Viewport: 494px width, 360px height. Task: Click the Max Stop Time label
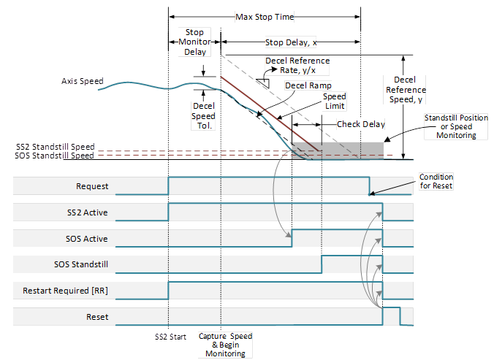click(x=264, y=16)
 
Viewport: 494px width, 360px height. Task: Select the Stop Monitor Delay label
click(x=194, y=42)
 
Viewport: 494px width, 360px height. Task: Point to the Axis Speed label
click(x=82, y=80)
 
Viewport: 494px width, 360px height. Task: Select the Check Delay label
click(x=361, y=124)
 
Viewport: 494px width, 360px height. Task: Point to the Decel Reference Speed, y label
click(x=404, y=88)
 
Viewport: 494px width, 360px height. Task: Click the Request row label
click(x=92, y=186)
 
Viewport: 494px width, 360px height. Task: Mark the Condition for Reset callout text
click(x=436, y=181)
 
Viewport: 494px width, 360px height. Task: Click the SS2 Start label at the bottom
click(x=169, y=337)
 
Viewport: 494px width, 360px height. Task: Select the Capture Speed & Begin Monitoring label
click(x=226, y=345)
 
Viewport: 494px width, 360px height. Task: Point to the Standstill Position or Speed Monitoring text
click(x=451, y=126)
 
